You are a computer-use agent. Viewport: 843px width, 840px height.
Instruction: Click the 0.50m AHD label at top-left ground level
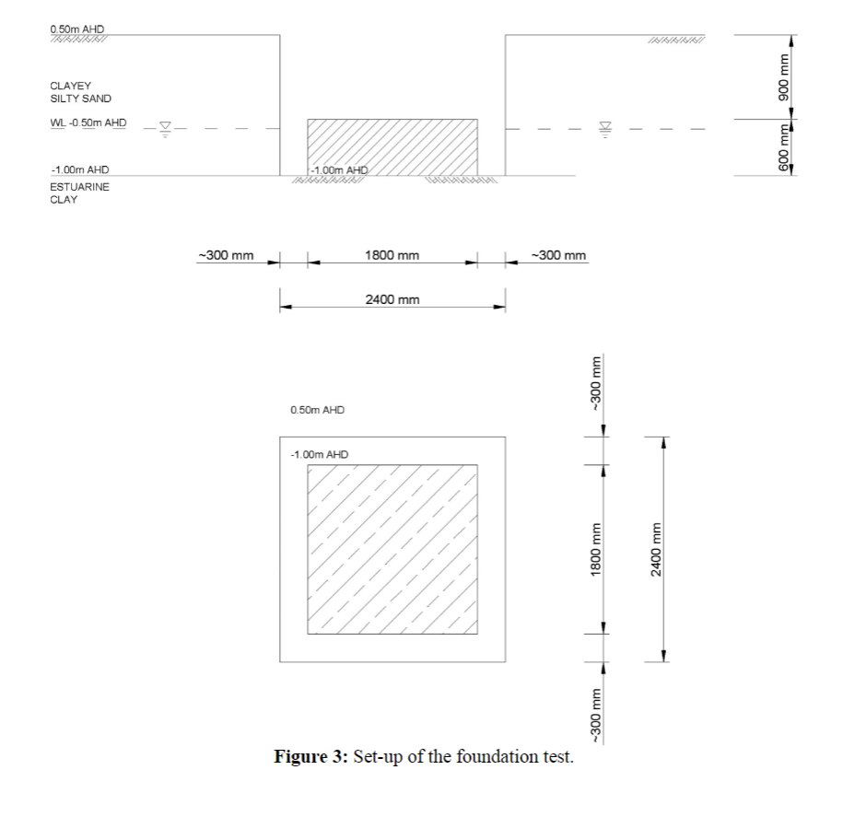pyautogui.click(x=77, y=29)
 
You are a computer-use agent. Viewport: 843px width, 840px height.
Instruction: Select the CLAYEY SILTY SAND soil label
pyautogui.click(x=81, y=92)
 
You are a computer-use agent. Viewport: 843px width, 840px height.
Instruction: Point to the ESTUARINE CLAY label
pyautogui.click(x=79, y=192)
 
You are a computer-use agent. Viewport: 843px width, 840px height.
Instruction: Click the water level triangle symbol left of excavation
pyautogui.click(x=166, y=128)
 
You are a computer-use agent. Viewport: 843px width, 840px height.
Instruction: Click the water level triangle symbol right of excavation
pyautogui.click(x=605, y=128)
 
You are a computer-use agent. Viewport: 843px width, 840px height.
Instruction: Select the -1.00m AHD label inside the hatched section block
pyautogui.click(x=338, y=169)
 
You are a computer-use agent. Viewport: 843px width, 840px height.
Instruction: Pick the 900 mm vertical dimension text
pyautogui.click(x=784, y=77)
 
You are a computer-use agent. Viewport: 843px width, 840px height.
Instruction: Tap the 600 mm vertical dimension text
pyautogui.click(x=784, y=146)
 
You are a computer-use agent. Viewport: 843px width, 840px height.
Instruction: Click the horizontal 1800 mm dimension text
pyautogui.click(x=392, y=255)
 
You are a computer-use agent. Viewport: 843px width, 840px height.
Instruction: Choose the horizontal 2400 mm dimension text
pyautogui.click(x=392, y=299)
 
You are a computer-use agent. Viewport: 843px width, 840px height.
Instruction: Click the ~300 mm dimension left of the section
pyautogui.click(x=227, y=255)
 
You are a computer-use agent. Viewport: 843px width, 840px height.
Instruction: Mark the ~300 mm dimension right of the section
pyautogui.click(x=559, y=255)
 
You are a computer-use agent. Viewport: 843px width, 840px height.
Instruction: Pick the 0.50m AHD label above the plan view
pyautogui.click(x=317, y=410)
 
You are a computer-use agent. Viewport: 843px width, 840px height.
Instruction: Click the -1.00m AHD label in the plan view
pyautogui.click(x=319, y=454)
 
